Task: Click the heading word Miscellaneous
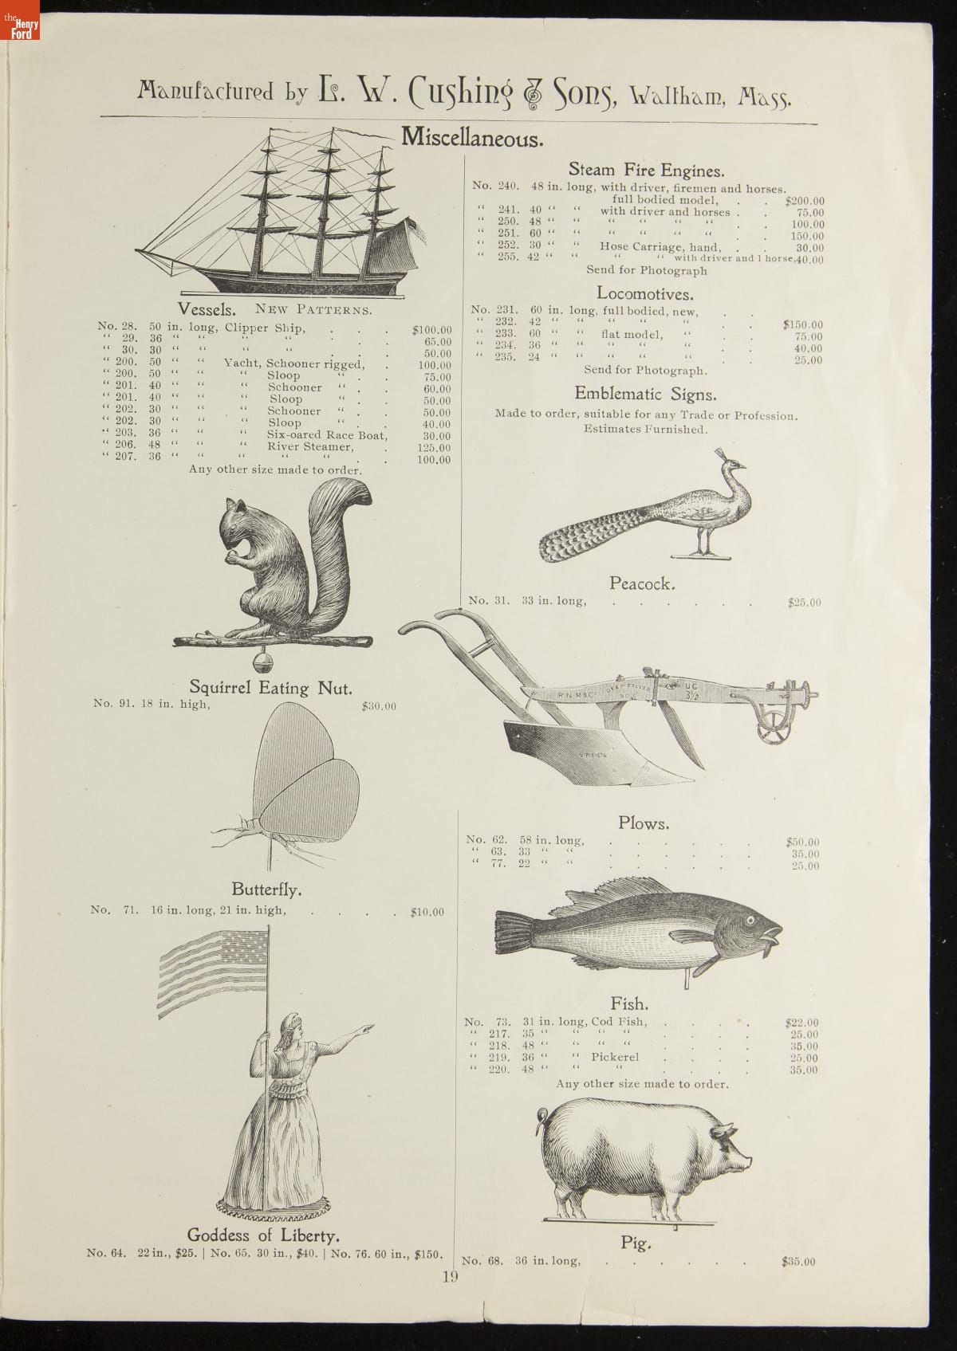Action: [x=472, y=137]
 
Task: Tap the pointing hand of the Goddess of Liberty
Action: [x=366, y=1029]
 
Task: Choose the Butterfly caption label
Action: [x=266, y=889]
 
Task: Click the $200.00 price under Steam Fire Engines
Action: [x=805, y=202]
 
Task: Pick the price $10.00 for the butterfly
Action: [x=427, y=912]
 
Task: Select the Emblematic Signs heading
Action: [x=645, y=394]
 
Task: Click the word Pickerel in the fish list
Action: [x=615, y=1058]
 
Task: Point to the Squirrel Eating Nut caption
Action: [x=270, y=687]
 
